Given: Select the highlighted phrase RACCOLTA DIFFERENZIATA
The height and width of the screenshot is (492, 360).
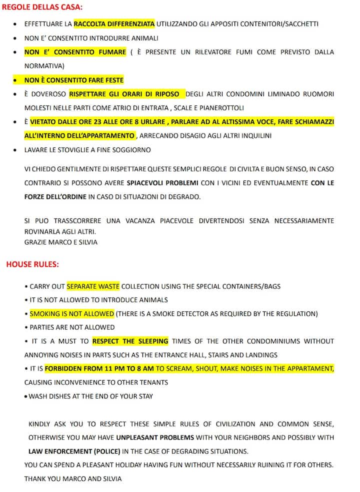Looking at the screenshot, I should (x=114, y=23).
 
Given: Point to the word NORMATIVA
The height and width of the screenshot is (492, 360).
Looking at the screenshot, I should (x=44, y=65).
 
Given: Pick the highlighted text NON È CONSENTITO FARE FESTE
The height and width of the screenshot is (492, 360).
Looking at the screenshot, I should (x=73, y=80).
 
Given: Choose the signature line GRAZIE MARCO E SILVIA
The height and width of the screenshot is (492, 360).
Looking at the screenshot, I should (x=61, y=242).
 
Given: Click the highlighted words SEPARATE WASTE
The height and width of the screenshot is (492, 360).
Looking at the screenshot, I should (x=93, y=286).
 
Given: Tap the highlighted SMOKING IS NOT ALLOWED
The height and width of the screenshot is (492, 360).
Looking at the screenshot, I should (x=72, y=314).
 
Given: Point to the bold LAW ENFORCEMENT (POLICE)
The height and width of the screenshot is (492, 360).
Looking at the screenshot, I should (x=74, y=451).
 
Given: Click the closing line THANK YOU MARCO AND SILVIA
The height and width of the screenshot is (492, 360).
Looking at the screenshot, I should (x=72, y=478).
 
